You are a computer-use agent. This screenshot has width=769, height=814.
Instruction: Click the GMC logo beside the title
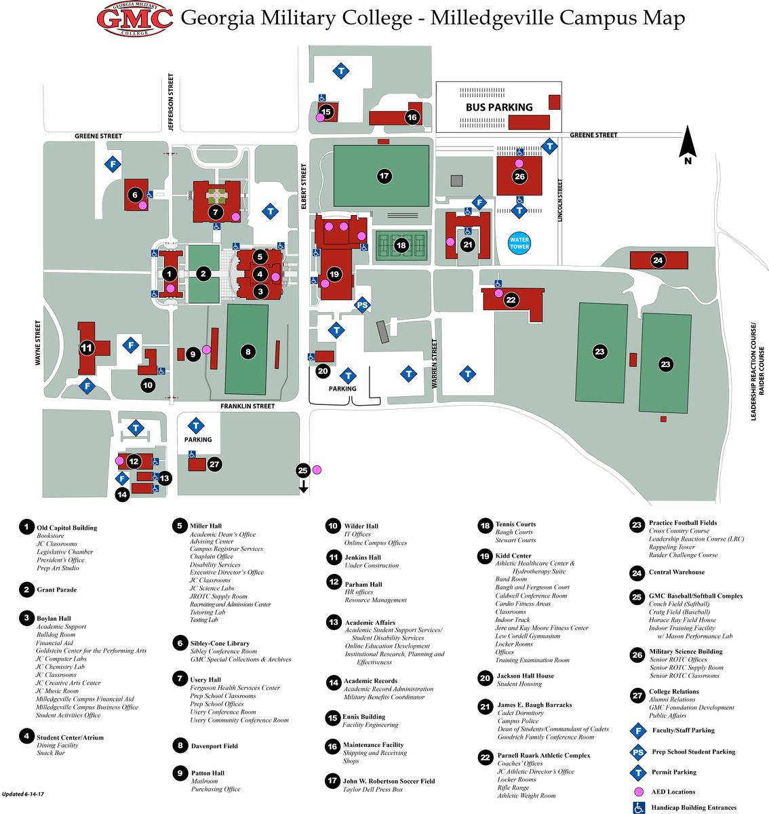[135, 18]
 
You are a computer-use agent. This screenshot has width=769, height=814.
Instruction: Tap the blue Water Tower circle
[519, 243]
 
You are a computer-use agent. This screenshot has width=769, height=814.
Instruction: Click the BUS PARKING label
[499, 107]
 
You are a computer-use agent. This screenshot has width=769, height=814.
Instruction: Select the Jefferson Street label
[171, 102]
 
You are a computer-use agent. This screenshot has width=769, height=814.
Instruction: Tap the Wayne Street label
[38, 343]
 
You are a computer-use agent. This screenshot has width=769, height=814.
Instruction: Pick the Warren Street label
[434, 364]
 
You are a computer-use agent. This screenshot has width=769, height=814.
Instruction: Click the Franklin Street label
[247, 406]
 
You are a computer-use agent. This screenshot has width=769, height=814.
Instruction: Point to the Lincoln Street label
[560, 200]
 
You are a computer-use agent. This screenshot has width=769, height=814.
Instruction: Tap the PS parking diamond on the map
[362, 305]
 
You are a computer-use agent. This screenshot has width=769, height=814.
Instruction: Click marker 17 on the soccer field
[384, 176]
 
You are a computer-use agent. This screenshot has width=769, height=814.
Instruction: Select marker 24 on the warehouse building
[658, 260]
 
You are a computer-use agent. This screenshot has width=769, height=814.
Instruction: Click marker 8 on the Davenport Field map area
[248, 351]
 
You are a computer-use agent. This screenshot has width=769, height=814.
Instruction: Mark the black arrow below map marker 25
[303, 486]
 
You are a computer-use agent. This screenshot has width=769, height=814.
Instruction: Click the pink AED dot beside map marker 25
[317, 469]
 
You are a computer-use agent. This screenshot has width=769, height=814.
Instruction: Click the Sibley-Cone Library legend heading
[220, 643]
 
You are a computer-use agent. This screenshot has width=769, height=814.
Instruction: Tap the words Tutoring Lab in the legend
[208, 612]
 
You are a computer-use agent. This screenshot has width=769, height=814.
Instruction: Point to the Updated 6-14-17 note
[22, 794]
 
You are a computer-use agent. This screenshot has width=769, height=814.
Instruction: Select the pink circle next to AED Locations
[638, 792]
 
